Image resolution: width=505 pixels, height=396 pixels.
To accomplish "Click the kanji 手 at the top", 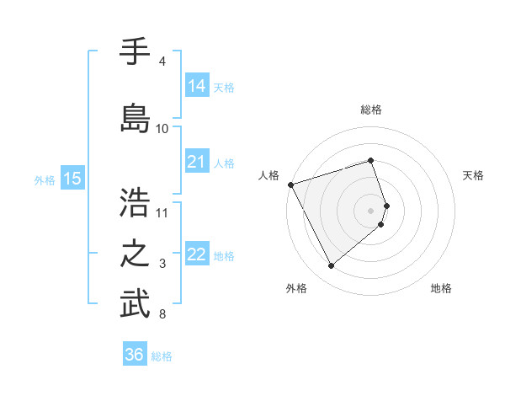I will pyautogui.click(x=135, y=52).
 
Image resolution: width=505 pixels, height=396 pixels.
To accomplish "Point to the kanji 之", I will pyautogui.click(x=135, y=254).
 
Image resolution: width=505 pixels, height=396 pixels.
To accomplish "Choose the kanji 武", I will pyautogui.click(x=135, y=305).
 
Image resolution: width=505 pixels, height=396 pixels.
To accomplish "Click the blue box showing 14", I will pyautogui.click(x=196, y=86).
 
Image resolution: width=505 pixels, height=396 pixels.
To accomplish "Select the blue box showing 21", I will pyautogui.click(x=196, y=162).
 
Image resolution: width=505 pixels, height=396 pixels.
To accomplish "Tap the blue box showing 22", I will pyautogui.click(x=196, y=255).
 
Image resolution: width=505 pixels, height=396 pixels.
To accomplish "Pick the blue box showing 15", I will pyautogui.click(x=72, y=179).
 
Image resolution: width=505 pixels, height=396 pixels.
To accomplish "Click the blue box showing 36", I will pyautogui.click(x=135, y=355).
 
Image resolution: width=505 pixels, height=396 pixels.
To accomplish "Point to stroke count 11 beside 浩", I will pyautogui.click(x=162, y=212).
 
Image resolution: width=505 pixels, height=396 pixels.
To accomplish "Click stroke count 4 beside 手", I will pyautogui.click(x=162, y=62).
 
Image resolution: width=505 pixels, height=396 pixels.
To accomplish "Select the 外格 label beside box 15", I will pyautogui.click(x=45, y=179).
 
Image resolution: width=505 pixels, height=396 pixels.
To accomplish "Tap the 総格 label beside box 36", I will pyautogui.click(x=162, y=356).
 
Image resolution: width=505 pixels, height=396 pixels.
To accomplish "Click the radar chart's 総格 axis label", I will pyautogui.click(x=370, y=110).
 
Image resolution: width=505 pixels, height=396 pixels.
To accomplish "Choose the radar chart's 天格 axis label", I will pyautogui.click(x=474, y=175).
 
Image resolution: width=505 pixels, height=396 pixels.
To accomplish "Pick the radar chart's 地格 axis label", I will pyautogui.click(x=441, y=288).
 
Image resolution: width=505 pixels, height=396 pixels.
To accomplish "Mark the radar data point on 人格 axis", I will pyautogui.click(x=290, y=184).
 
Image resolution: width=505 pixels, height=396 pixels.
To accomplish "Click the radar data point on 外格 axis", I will pyautogui.click(x=331, y=266).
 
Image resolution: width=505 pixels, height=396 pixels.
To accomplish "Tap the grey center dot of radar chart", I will pyautogui.click(x=370, y=211).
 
